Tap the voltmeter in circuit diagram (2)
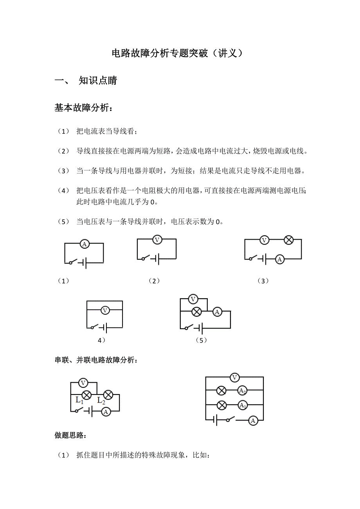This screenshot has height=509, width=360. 157,240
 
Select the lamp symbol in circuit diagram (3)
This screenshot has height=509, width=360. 288,240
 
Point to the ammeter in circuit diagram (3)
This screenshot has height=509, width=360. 279,259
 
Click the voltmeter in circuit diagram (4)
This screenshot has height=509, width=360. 104,310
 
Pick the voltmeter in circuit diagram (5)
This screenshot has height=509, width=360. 193,299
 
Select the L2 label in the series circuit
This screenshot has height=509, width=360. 101,400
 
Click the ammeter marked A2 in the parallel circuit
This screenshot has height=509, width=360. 243,391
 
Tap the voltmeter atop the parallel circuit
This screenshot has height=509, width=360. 234,377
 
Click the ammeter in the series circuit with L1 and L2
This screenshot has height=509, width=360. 105,411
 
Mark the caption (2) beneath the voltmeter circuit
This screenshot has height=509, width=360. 154,281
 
